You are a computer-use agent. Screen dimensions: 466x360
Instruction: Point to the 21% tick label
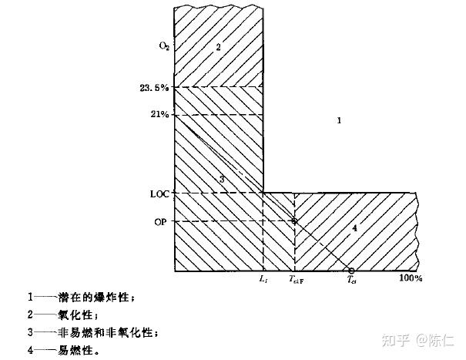160,115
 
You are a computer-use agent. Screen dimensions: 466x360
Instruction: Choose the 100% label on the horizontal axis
411,278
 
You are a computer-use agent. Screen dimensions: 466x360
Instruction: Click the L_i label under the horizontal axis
263,278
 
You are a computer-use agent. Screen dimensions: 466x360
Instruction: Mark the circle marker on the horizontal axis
350,271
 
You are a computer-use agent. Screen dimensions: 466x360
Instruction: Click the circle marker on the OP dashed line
294,221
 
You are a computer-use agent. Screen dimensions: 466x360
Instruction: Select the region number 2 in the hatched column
218,47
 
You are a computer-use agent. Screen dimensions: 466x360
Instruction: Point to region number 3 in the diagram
221,179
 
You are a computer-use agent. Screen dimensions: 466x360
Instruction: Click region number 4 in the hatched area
354,228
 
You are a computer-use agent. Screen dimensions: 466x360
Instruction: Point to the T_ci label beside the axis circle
351,280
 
